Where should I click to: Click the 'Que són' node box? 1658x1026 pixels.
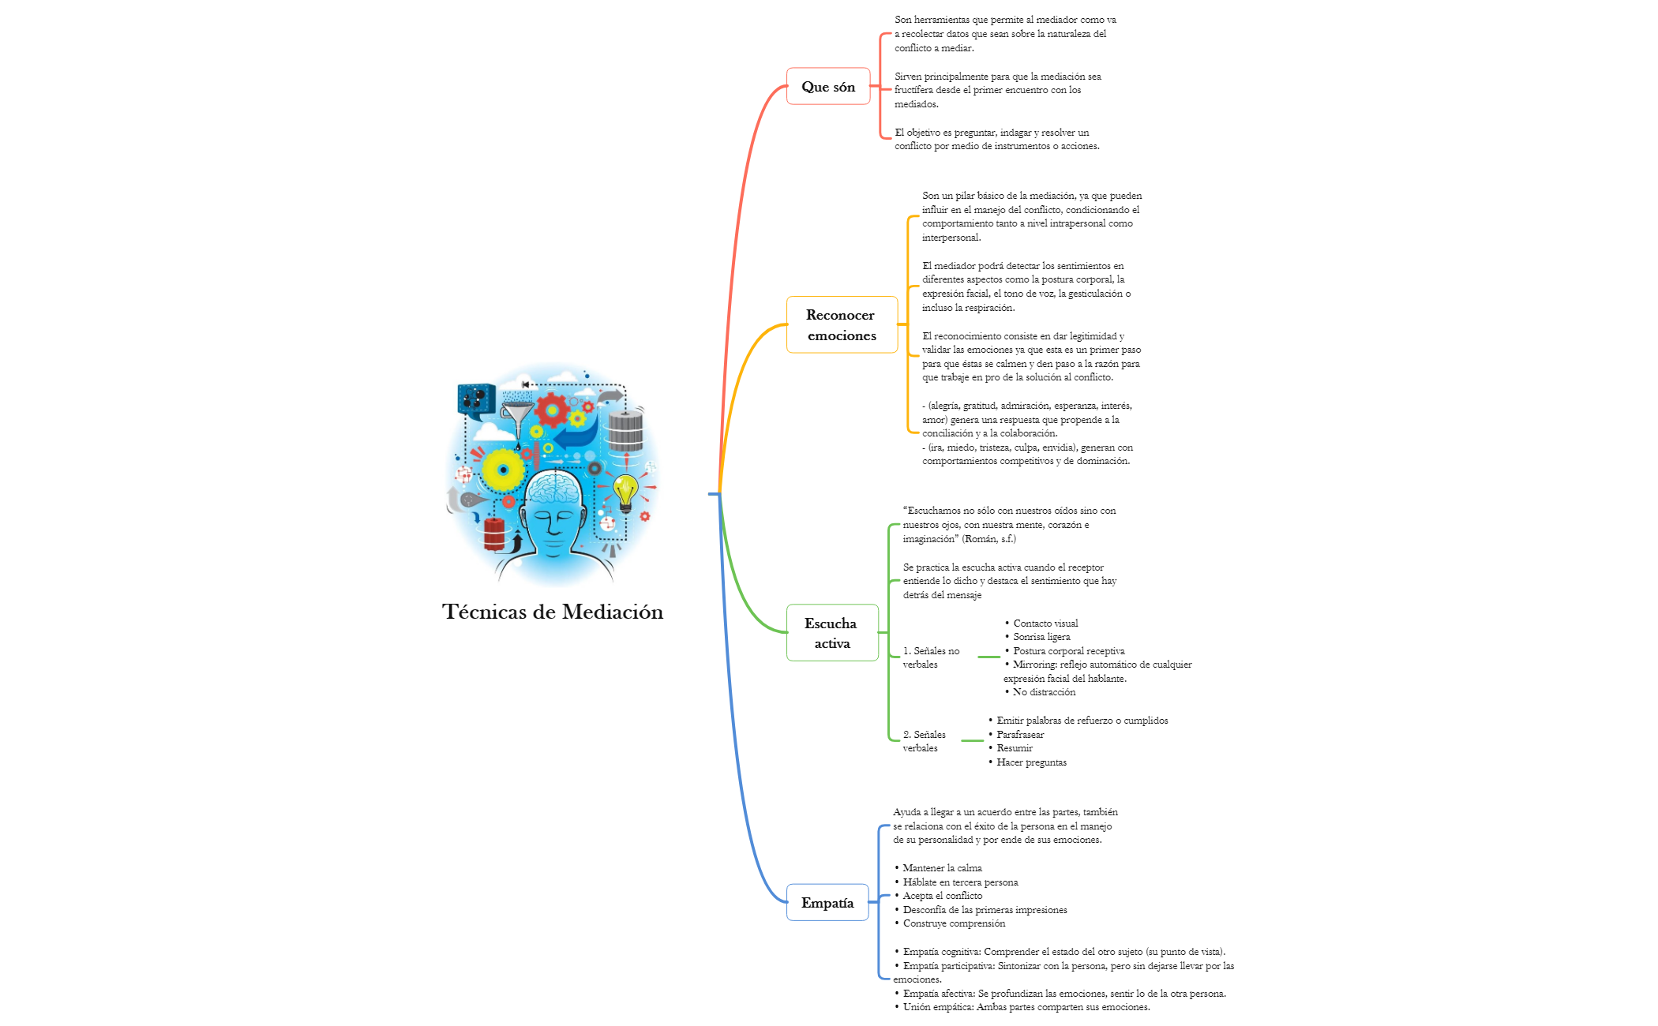tap(827, 86)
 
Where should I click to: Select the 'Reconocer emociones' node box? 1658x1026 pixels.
tap(842, 324)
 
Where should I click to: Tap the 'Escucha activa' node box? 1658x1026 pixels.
tap(831, 632)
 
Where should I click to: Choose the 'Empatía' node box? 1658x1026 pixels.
tap(827, 902)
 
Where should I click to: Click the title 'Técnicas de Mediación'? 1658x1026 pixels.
tap(552, 612)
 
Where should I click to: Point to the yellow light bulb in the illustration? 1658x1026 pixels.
tap(625, 491)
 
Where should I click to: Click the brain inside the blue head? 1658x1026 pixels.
tap(554, 487)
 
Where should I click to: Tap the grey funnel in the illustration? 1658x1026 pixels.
tap(518, 414)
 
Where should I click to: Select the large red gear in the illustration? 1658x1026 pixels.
tap(551, 410)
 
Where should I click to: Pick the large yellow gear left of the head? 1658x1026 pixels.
tap(503, 470)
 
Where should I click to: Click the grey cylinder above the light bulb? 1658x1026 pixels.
tap(625, 432)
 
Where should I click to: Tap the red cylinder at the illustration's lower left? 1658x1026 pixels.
tap(494, 534)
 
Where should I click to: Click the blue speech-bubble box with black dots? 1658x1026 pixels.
tap(476, 398)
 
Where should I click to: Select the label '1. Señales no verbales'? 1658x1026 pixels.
tap(931, 657)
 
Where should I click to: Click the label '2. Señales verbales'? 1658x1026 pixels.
tap(924, 741)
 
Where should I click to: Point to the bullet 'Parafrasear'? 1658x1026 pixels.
tap(1019, 734)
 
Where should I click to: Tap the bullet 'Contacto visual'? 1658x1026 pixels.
tap(1045, 623)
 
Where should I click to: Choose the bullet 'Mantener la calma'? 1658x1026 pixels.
tap(942, 867)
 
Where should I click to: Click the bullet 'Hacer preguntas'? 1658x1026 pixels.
tap(1030, 762)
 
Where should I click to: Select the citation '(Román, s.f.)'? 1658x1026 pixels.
tap(988, 538)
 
